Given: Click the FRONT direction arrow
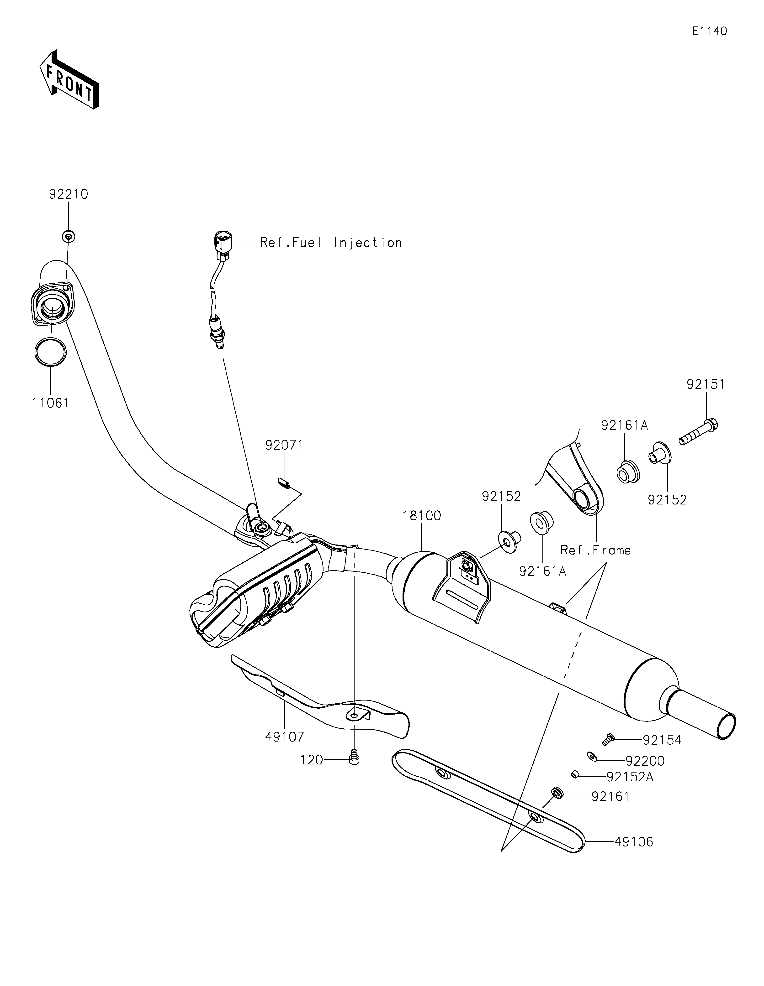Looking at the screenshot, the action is [x=69, y=79].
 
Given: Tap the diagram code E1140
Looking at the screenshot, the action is [x=710, y=31].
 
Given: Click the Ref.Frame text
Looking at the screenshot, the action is [x=595, y=550].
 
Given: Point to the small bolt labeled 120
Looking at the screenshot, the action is [x=354, y=760].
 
